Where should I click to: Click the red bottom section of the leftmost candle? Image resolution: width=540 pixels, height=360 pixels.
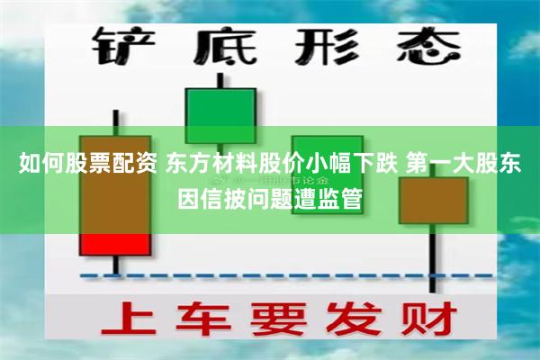pyautogui.click(x=115, y=243)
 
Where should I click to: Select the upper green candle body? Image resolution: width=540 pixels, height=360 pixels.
pyautogui.click(x=220, y=115)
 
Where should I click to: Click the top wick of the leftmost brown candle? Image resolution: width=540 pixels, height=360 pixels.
pyautogui.click(x=115, y=122)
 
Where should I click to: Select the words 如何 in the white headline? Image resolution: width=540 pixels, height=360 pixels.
pyautogui.click(x=36, y=164)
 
